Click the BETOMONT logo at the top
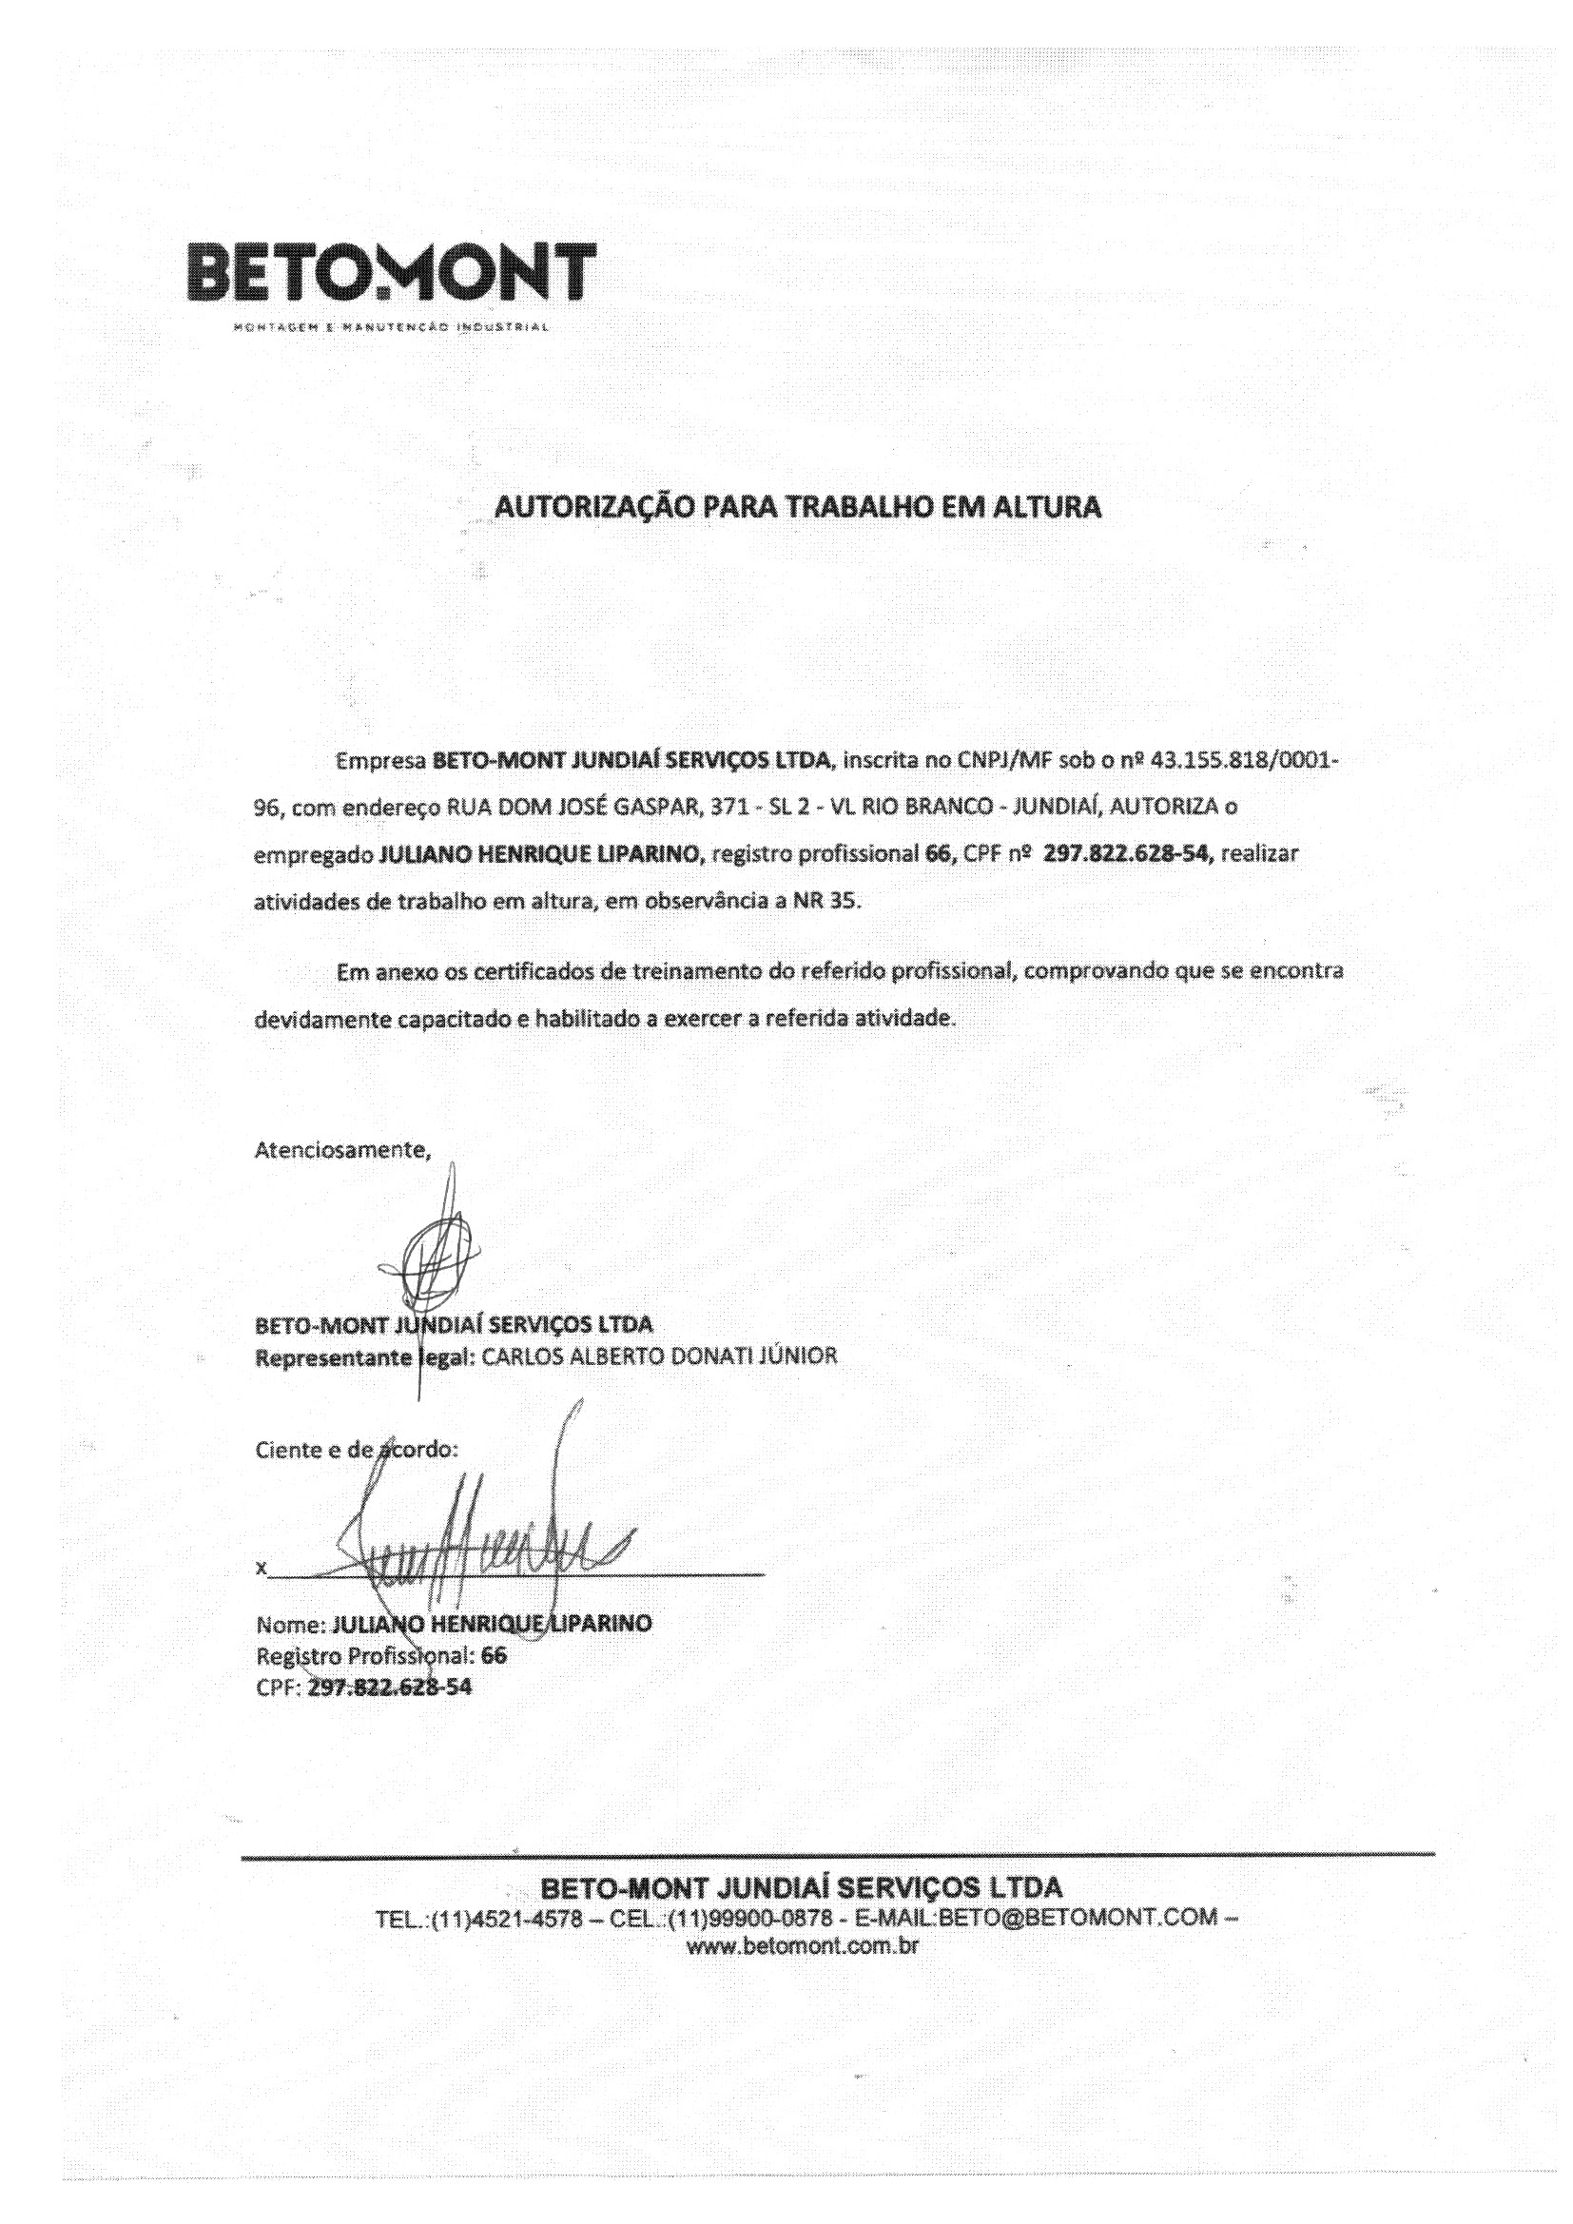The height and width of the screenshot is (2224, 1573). [390, 272]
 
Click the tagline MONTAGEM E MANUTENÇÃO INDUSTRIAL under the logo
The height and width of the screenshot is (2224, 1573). [390, 326]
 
